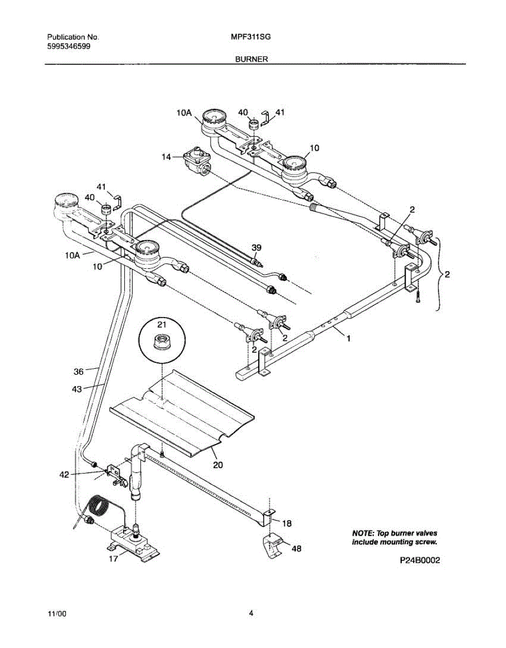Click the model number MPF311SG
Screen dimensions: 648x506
tap(250, 37)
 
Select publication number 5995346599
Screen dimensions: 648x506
tap(69, 46)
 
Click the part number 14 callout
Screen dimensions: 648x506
tap(166, 157)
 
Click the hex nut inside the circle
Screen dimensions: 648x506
tap(160, 341)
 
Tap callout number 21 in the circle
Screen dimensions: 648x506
tap(161, 324)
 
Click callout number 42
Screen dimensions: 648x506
tap(64, 475)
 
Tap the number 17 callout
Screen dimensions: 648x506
tap(113, 559)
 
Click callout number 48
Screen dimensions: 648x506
tap(296, 549)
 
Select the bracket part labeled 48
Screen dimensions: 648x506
tap(274, 544)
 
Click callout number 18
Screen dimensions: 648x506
tap(287, 523)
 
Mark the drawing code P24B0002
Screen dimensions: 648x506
tap(420, 561)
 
